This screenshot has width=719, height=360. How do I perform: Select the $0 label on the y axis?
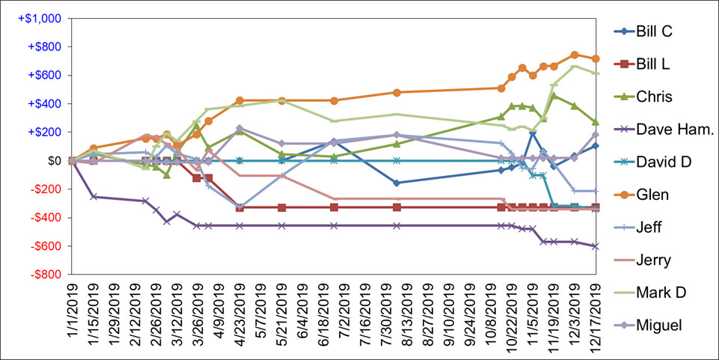(x=54, y=160)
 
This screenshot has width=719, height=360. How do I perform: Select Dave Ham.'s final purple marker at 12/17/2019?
(x=596, y=246)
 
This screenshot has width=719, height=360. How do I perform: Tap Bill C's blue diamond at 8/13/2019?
(x=397, y=183)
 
